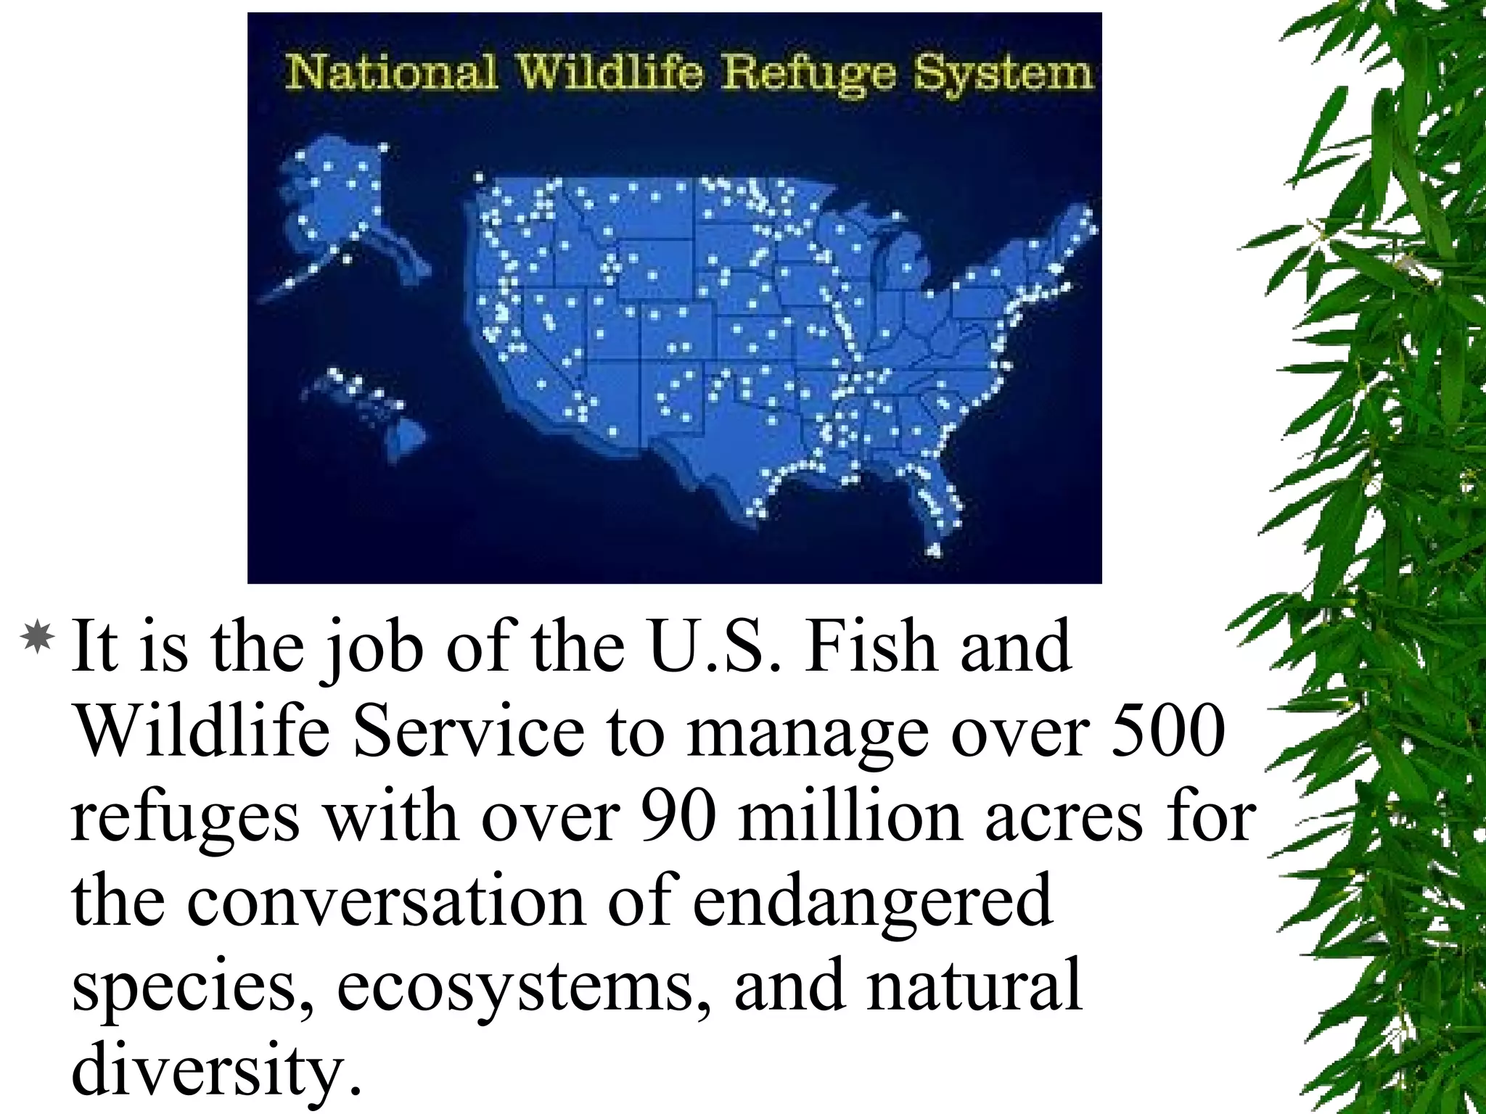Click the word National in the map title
(x=391, y=74)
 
